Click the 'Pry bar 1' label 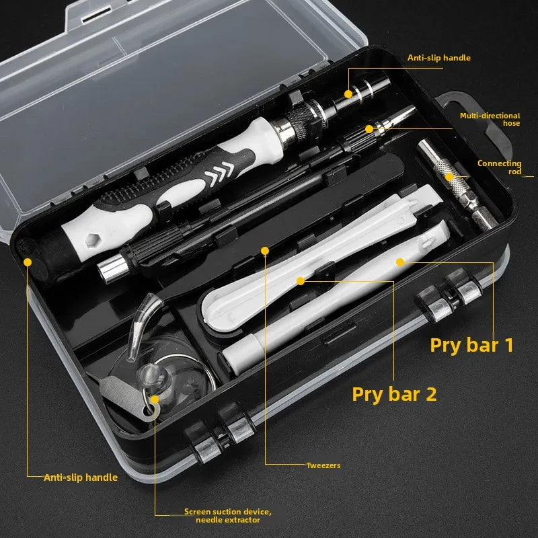pyautogui.click(x=472, y=345)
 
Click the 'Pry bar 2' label pyautogui.click(x=394, y=393)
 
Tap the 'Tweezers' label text pyautogui.click(x=323, y=465)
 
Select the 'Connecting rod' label pyautogui.click(x=499, y=167)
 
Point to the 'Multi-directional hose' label pyautogui.click(x=490, y=120)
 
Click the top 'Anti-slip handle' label pyautogui.click(x=439, y=58)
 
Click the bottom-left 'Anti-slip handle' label pyautogui.click(x=81, y=477)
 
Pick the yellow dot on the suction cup pyautogui.click(x=155, y=399)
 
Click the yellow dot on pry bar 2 pyautogui.click(x=301, y=279)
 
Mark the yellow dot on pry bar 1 pyautogui.click(x=399, y=262)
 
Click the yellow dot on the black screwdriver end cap pyautogui.click(x=27, y=261)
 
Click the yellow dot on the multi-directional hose pyautogui.click(x=369, y=128)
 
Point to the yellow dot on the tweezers pyautogui.click(x=265, y=252)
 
